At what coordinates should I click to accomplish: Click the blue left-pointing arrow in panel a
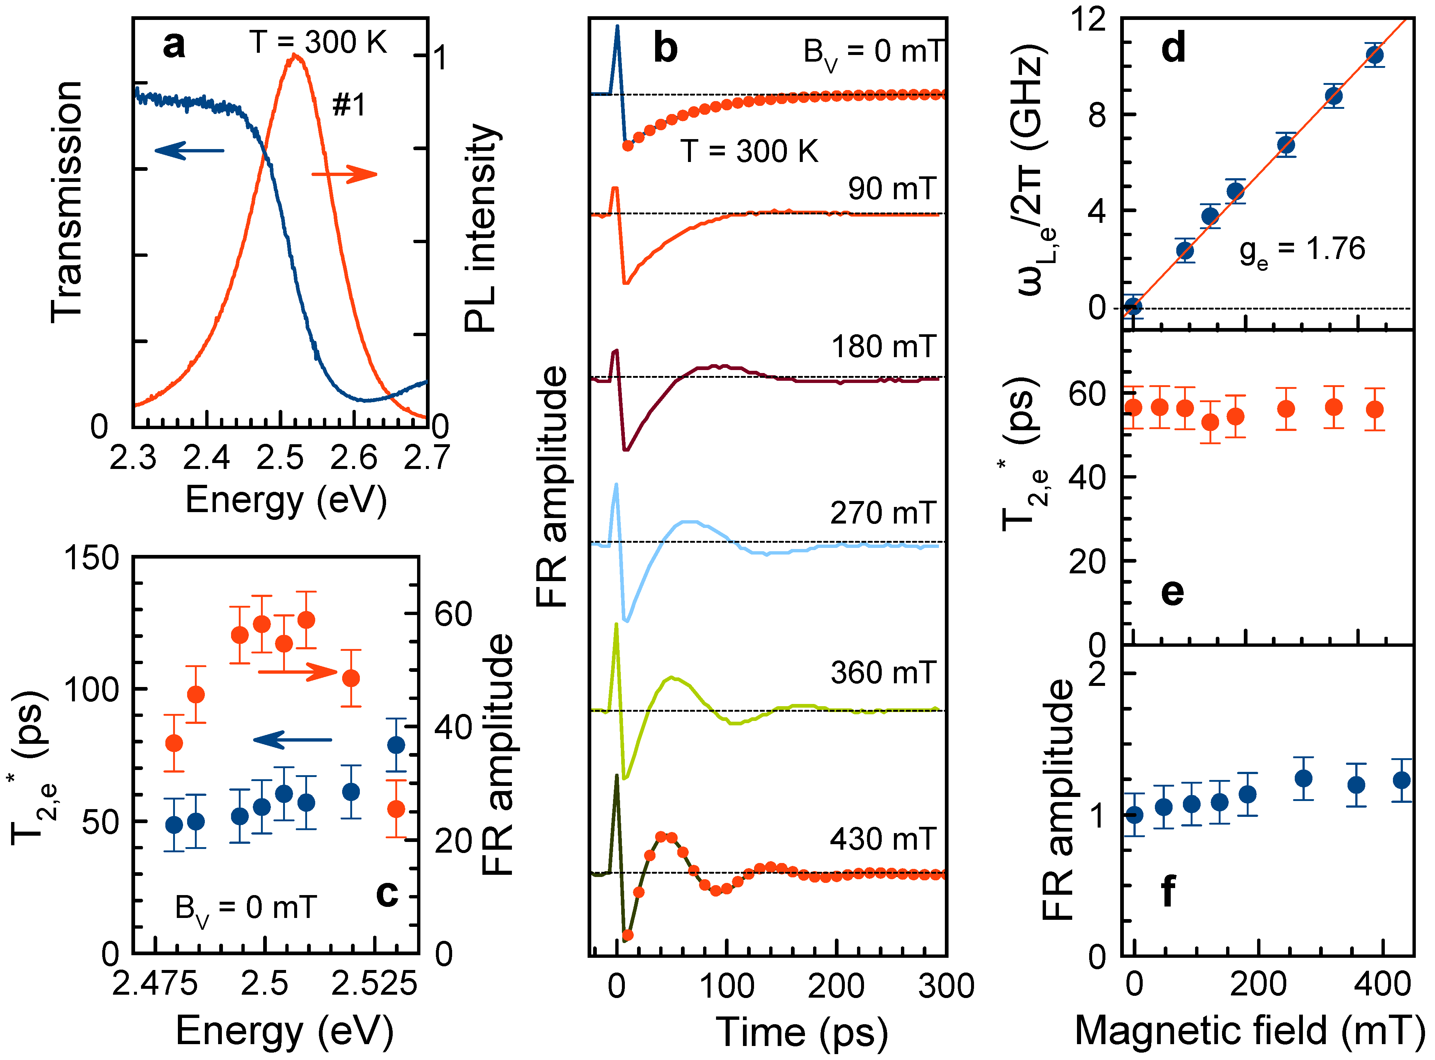189,151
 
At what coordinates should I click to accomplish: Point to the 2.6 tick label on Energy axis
354,458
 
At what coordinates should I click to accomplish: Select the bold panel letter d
1174,48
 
